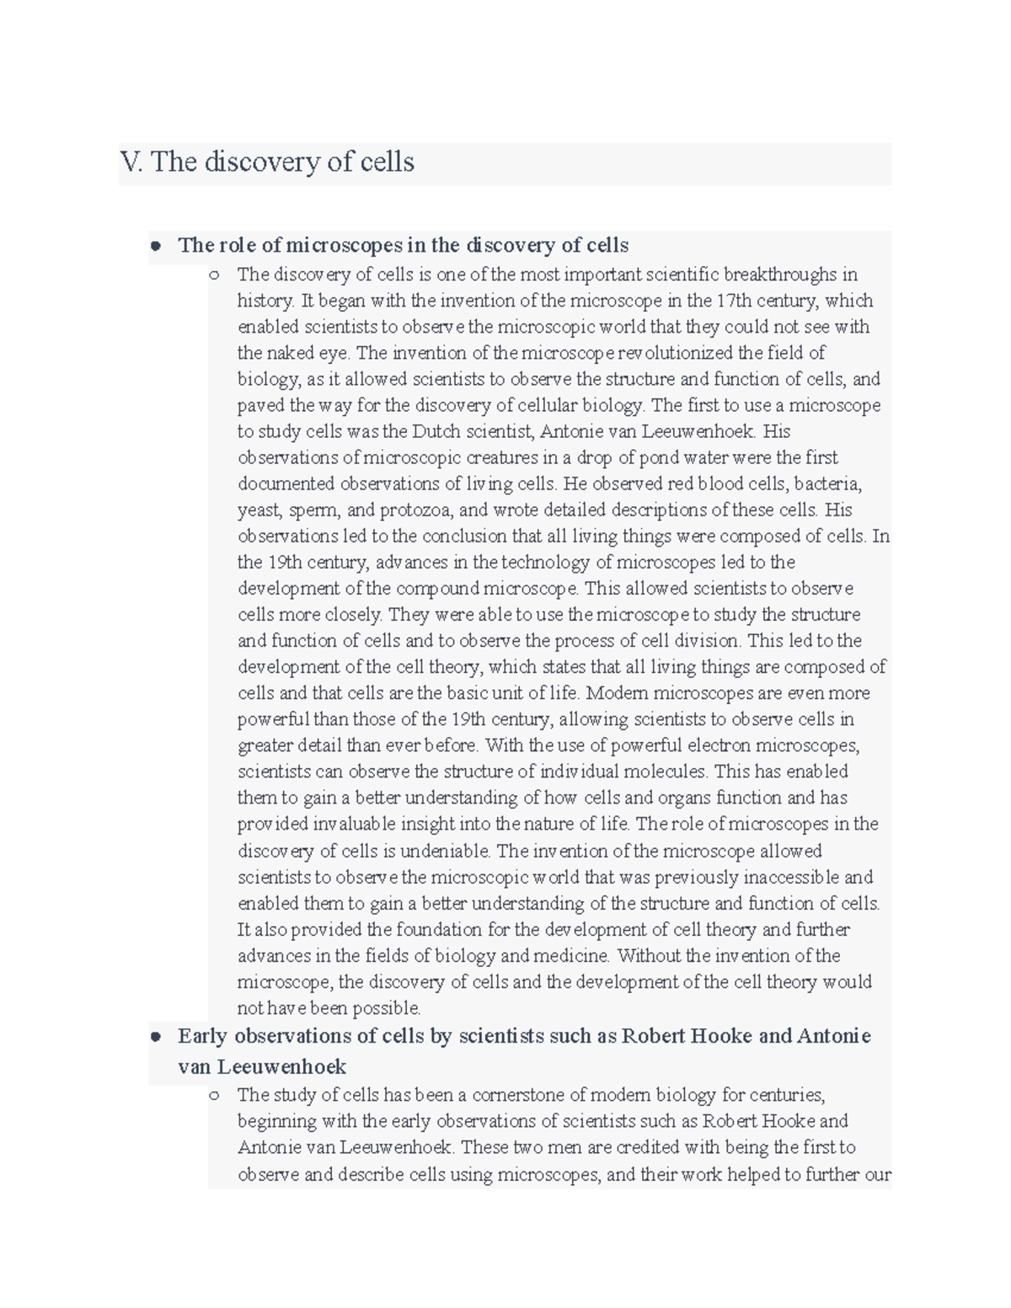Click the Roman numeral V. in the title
pos(131,162)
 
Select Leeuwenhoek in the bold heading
pos(281,1067)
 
